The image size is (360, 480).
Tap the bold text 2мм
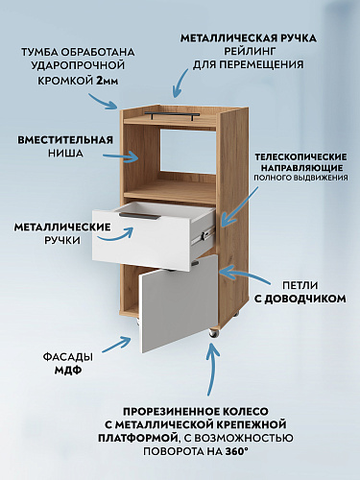(x=108, y=83)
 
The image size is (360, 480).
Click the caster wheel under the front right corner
(x=212, y=332)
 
